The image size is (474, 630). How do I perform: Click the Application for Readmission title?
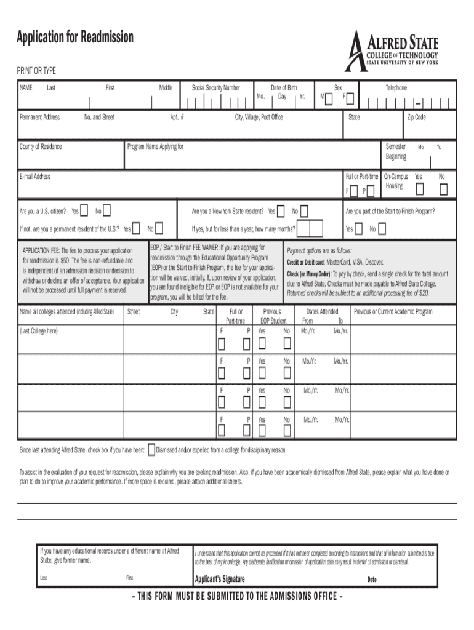[x=75, y=38]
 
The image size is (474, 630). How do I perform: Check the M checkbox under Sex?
[x=331, y=98]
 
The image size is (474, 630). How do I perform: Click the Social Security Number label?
[x=215, y=88]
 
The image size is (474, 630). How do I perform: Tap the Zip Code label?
[x=416, y=117]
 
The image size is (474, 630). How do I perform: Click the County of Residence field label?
[x=41, y=146]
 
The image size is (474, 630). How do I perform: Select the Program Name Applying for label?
[x=155, y=146]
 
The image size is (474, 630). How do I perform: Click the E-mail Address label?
[x=35, y=177]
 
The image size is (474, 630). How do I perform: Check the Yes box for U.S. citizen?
[x=84, y=211]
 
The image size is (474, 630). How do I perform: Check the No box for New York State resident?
[x=303, y=211]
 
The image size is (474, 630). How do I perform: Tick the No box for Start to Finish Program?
[x=382, y=229]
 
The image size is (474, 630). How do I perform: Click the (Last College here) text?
[x=39, y=331]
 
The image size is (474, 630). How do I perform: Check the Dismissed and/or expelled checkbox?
[x=152, y=450]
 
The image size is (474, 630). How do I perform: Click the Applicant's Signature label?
[x=220, y=579]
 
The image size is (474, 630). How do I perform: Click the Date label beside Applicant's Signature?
[x=372, y=580]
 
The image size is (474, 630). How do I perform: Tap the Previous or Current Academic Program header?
[x=393, y=312]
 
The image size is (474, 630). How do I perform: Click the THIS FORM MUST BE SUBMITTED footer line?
[x=237, y=596]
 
